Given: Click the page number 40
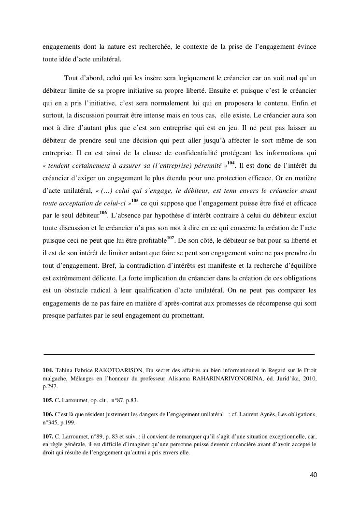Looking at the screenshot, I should [x=313, y=475].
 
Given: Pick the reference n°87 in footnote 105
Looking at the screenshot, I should [x=118, y=400].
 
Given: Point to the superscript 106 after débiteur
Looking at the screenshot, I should [x=103, y=213].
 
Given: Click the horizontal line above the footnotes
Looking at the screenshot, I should [x=179, y=354].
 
